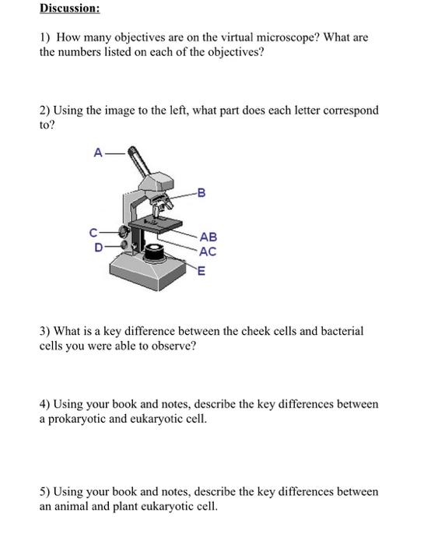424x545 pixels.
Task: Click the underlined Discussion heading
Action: click(69, 8)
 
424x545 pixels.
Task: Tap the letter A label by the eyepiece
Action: click(98, 153)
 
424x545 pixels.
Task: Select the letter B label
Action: click(201, 192)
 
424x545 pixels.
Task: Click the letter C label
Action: click(93, 233)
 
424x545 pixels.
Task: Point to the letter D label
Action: click(99, 248)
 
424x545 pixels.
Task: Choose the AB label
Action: click(208, 237)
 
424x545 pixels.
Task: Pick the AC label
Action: click(208, 251)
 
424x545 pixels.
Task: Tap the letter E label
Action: click(201, 271)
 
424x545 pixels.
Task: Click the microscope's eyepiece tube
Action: click(139, 161)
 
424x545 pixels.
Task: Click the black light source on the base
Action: click(155, 253)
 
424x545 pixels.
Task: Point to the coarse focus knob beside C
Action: click(123, 230)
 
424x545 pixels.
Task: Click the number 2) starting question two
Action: click(45, 111)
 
